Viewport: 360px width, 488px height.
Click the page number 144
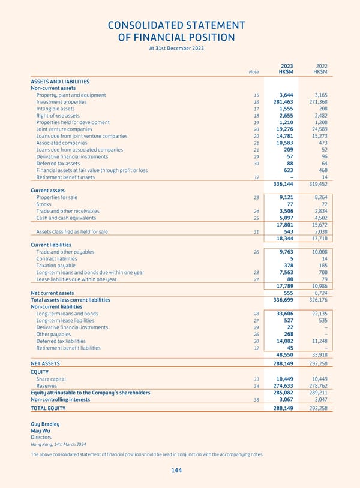pos(176,471)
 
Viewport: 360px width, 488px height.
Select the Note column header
pos(254,72)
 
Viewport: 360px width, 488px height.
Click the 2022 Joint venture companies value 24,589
pos(316,129)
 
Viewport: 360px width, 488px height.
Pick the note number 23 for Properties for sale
pos(256,197)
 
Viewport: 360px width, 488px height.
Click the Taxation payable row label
pos(56,265)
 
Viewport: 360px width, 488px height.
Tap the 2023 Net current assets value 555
pos(287,293)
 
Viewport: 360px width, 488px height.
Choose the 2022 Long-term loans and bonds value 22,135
pos(316,314)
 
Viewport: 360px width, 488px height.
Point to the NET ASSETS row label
pos(45,363)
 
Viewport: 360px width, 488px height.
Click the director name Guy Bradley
pos(45,424)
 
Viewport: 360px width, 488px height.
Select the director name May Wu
pos(40,430)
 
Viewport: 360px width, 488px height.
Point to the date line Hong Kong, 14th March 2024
pos(58,444)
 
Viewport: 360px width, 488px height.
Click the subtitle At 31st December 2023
pos(176,48)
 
